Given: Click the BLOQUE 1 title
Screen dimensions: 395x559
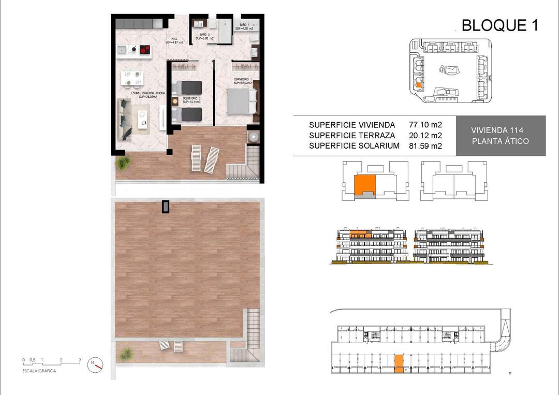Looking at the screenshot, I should pos(499,25).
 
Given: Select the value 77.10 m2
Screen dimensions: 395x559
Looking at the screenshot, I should pos(425,125).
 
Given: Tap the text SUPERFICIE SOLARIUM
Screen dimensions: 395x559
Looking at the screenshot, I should pos(354,146).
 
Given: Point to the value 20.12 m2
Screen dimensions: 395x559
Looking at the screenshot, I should pos(425,136).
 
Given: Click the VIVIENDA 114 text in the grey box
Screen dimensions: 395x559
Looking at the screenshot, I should pos(500,130).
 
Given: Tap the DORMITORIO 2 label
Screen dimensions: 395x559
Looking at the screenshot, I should pos(190,100).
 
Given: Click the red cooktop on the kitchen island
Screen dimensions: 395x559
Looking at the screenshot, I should pos(145,50).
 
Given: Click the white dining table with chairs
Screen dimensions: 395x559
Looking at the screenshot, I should pos(131,78).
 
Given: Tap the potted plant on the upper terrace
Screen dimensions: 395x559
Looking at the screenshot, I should pos(123,163).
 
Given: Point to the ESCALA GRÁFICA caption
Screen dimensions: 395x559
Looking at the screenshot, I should pos(39,371).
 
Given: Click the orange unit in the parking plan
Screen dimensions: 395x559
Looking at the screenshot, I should pos(399,363).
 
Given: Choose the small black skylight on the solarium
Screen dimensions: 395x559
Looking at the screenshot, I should pos(165,207).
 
